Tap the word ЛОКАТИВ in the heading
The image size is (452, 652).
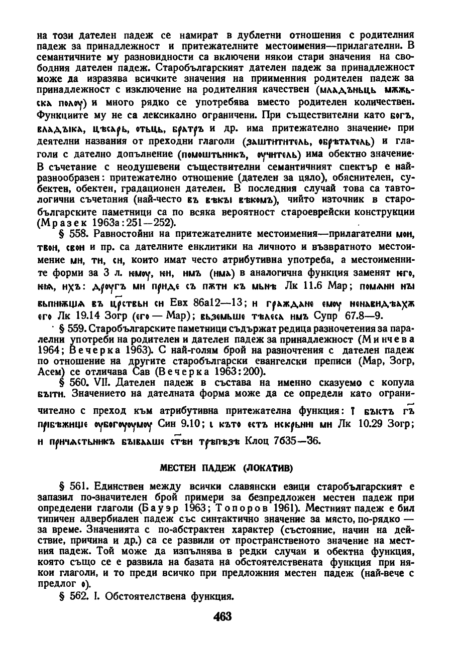(x=270, y=468)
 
